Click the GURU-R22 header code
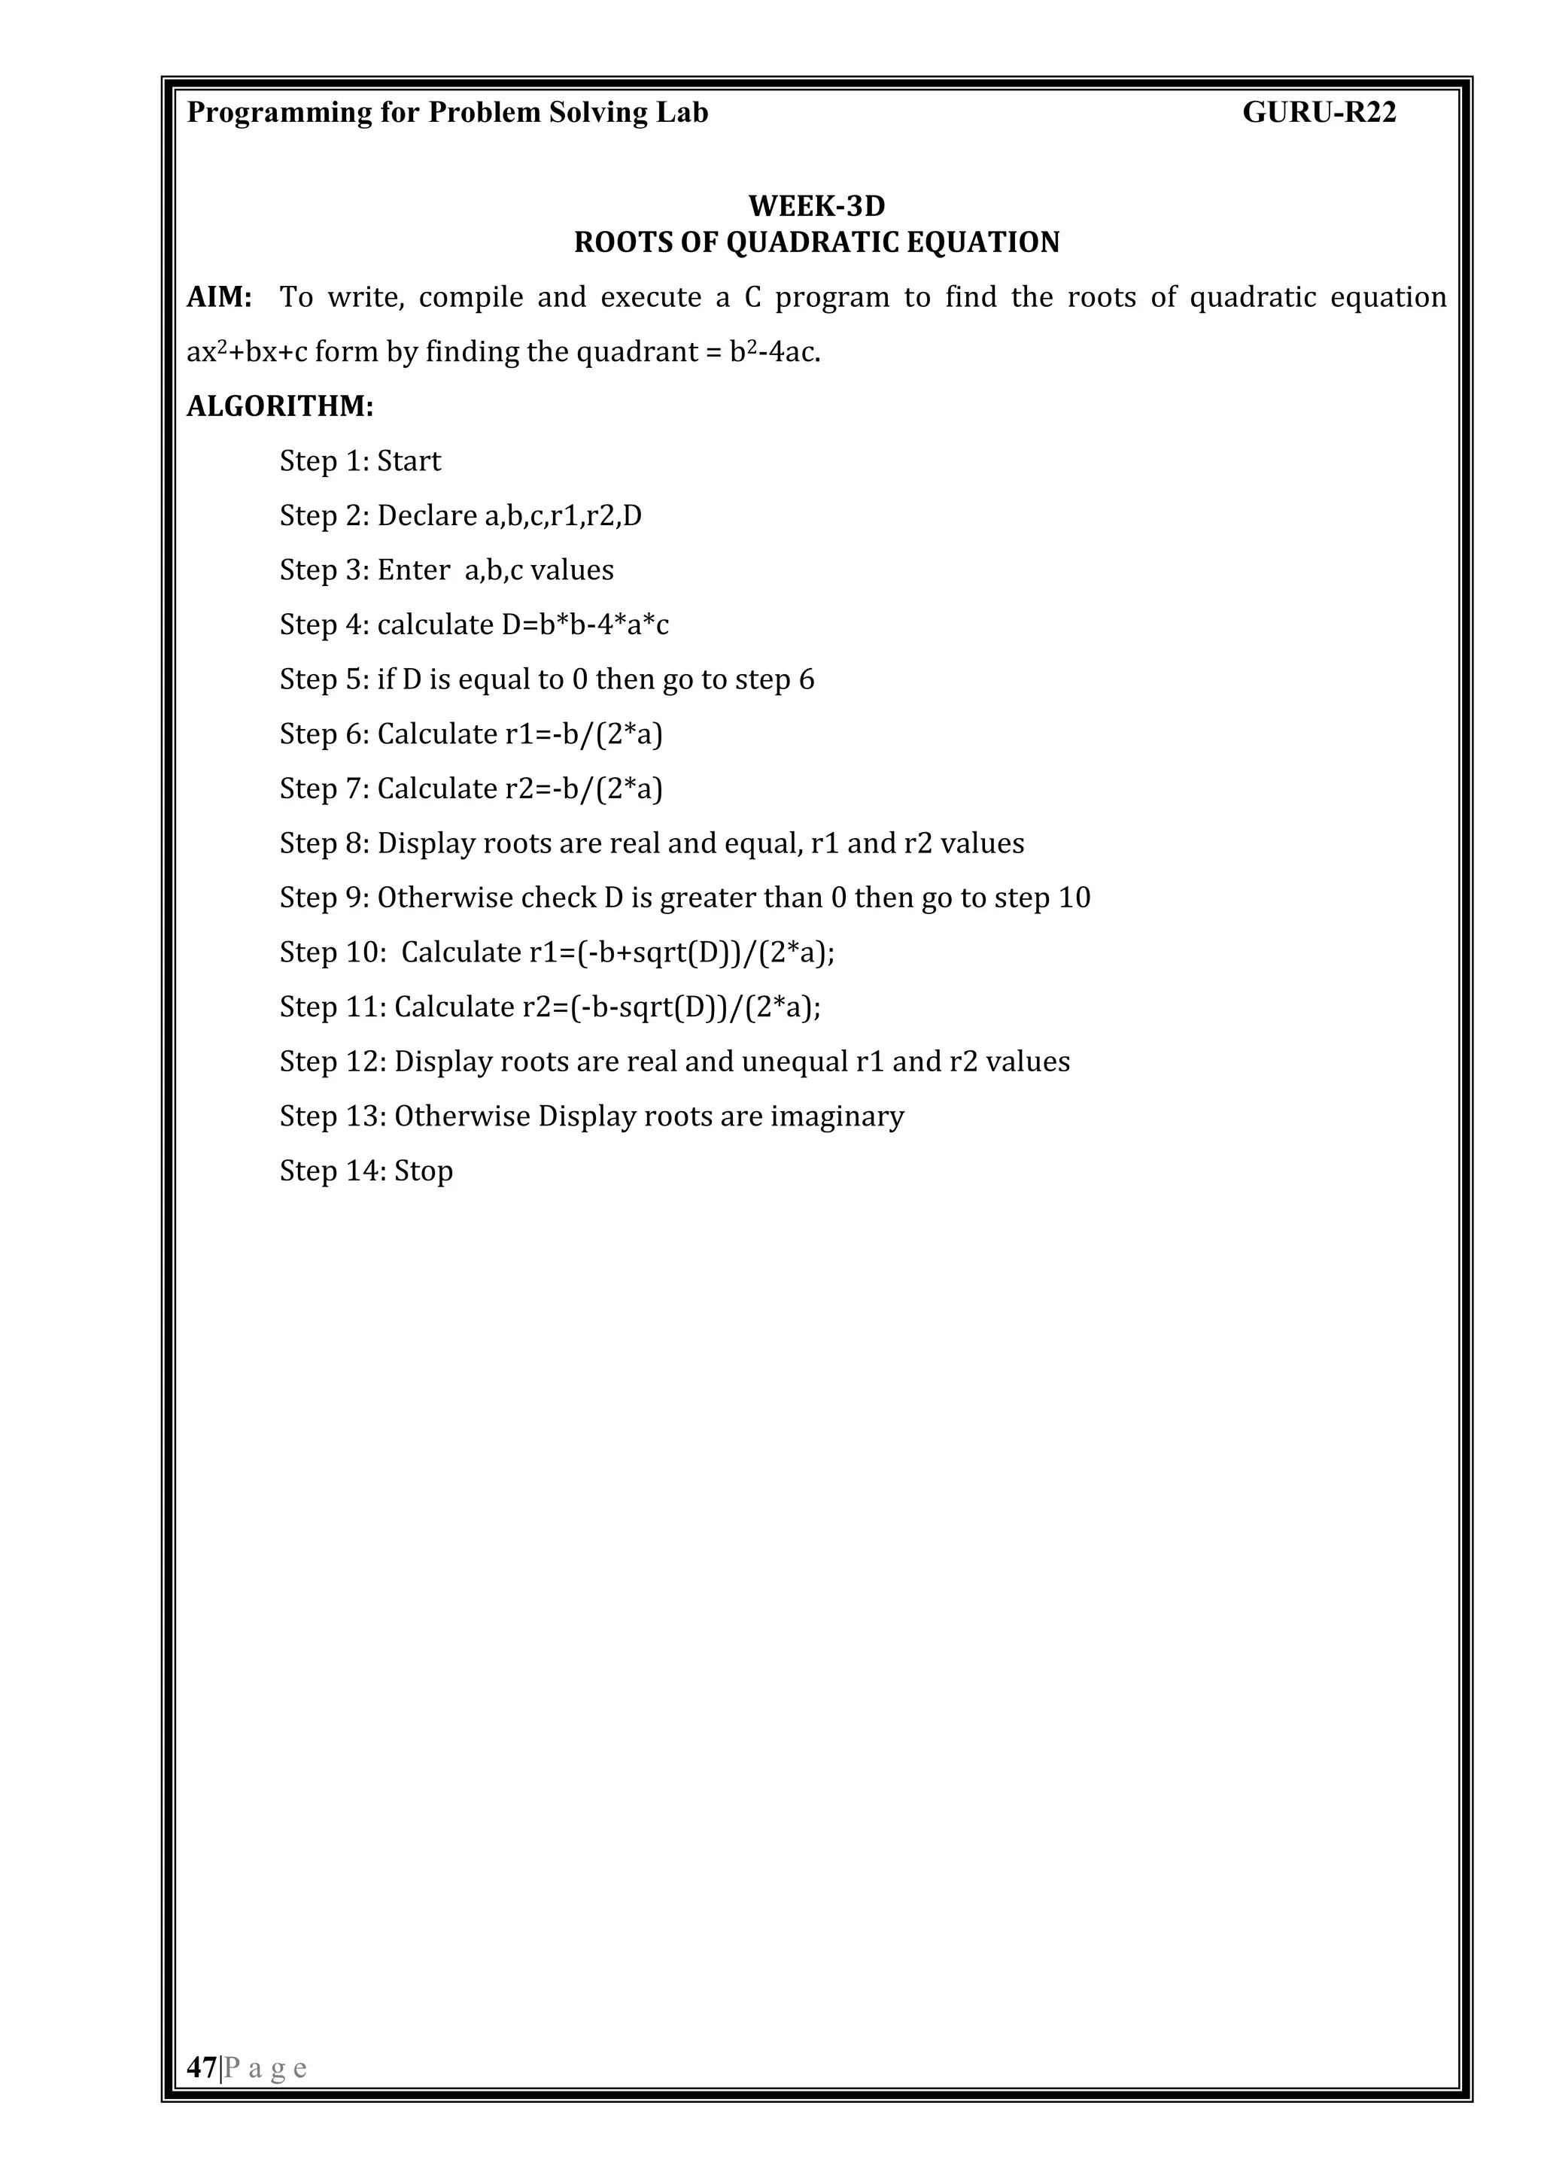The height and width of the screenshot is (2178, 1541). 1319,113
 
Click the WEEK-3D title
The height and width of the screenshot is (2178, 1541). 816,206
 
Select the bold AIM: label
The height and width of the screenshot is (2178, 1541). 219,298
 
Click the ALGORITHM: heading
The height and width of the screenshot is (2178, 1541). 280,407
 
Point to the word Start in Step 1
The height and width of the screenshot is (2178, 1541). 409,462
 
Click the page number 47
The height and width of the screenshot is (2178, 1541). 201,2067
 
